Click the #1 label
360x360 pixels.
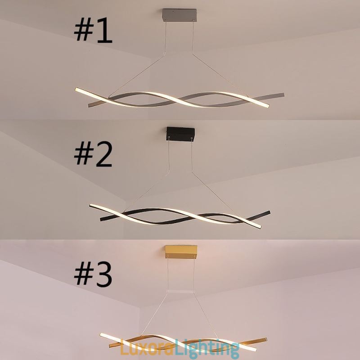(x=93, y=30)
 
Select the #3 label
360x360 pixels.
(x=93, y=274)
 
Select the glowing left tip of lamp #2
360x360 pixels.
(x=93, y=205)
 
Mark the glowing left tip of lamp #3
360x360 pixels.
(x=103, y=336)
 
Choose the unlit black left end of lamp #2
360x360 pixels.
(x=103, y=219)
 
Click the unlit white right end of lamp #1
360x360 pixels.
(x=281, y=95)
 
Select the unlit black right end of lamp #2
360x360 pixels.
(x=268, y=212)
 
